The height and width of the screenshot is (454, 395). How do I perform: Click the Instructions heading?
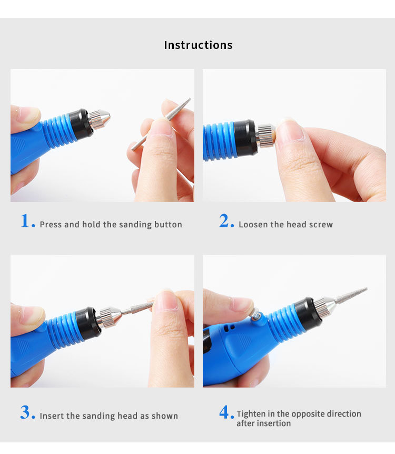pyautogui.click(x=198, y=45)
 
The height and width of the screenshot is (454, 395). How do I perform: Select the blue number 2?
pyautogui.click(x=225, y=221)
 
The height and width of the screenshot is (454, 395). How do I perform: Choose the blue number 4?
pyautogui.click(x=225, y=413)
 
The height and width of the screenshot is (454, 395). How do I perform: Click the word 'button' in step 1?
pyautogui.click(x=168, y=225)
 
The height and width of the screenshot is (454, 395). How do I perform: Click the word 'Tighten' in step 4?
pyautogui.click(x=252, y=414)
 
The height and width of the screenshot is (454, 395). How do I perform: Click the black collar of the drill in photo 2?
pyautogui.click(x=246, y=138)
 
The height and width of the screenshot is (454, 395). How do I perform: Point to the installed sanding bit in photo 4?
pyautogui.click(x=350, y=295)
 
